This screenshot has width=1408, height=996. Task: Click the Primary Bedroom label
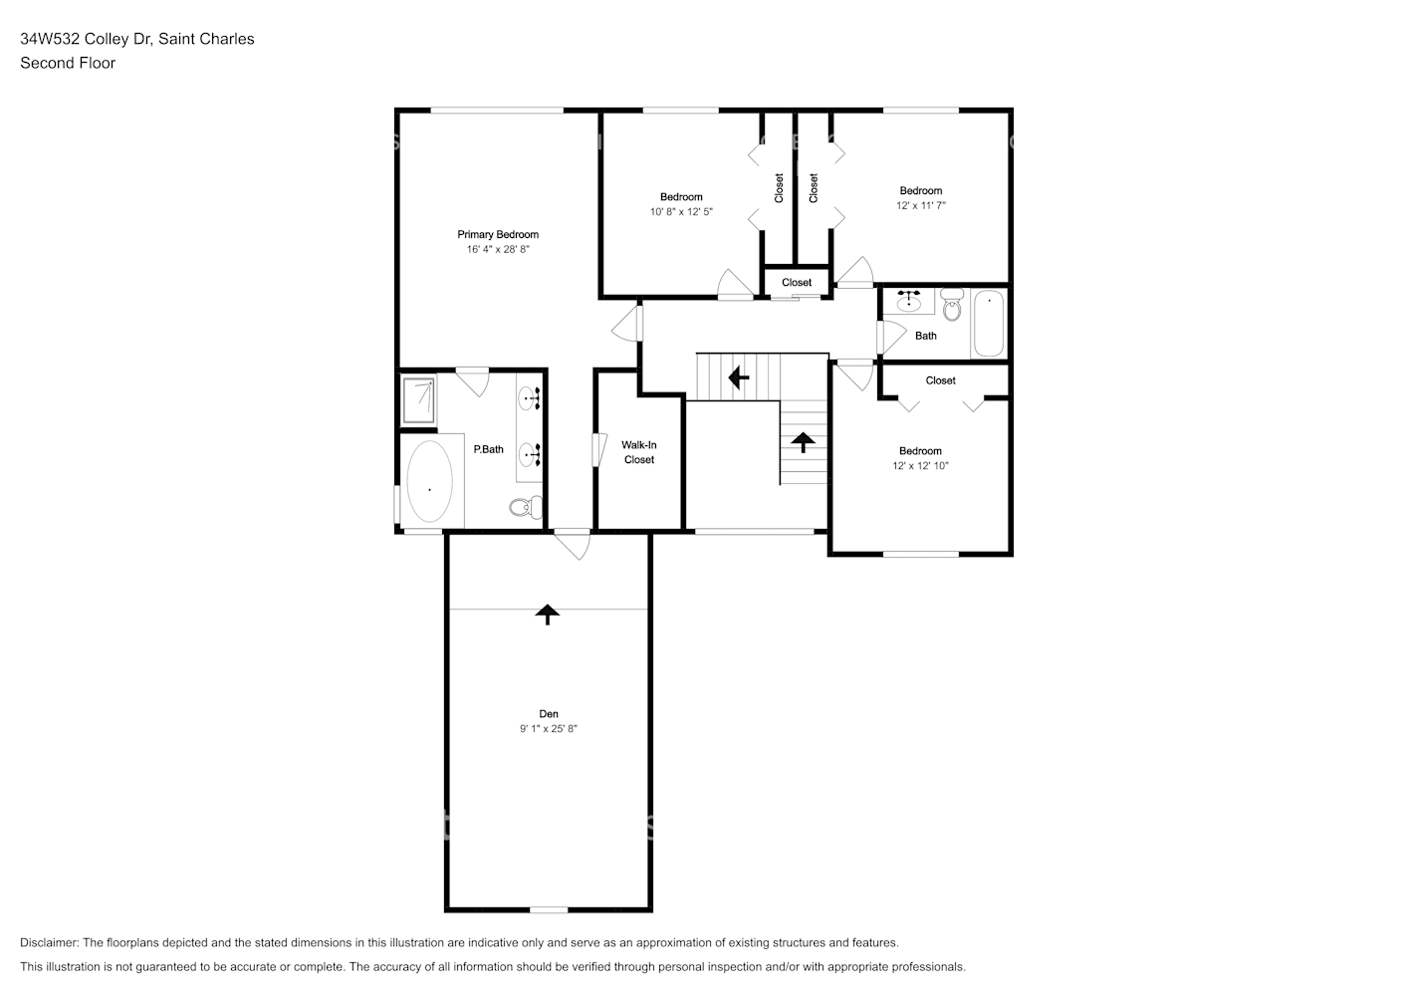[x=498, y=235]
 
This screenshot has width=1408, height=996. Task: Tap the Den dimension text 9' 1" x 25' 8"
[x=548, y=729]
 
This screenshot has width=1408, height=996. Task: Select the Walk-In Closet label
[x=639, y=452]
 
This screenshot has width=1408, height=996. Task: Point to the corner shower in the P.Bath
[x=418, y=399]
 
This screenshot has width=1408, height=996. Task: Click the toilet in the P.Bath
[x=522, y=507]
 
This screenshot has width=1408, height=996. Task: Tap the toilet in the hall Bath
[x=952, y=307]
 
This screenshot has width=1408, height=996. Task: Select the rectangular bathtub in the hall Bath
[x=989, y=323]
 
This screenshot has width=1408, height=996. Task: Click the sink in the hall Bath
[x=909, y=300]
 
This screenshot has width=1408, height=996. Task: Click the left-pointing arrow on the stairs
[x=738, y=377]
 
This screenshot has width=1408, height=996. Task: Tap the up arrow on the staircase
[x=803, y=441]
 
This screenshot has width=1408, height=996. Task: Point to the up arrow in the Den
[x=546, y=614]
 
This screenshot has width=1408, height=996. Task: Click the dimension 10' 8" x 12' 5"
[x=681, y=212]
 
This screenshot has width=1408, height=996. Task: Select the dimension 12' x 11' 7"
[x=920, y=205]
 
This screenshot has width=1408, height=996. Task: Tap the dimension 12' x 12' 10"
[x=920, y=466]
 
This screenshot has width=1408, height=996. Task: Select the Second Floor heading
[x=68, y=63]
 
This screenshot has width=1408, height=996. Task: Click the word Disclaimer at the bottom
[x=49, y=942]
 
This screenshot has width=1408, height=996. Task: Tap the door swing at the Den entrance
[x=573, y=544]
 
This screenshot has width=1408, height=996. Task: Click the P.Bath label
[x=488, y=449]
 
